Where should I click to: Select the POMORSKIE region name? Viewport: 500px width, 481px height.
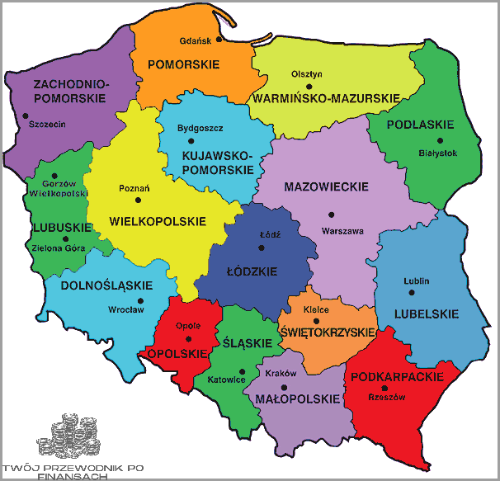[178, 64]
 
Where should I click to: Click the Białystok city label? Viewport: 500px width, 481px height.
[437, 152]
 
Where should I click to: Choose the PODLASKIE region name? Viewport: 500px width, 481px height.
[423, 125]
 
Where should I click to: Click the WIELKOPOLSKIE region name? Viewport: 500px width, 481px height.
[157, 222]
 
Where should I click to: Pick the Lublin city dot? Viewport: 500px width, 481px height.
[417, 293]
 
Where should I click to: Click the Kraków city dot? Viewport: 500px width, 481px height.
[284, 386]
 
